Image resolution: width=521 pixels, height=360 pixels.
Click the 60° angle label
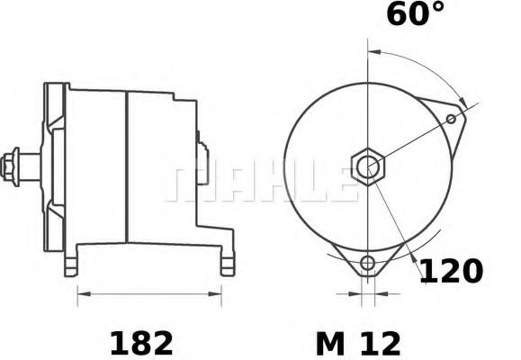pyautogui.click(x=416, y=16)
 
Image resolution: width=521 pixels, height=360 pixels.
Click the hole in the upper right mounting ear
pyautogui.click(x=451, y=117)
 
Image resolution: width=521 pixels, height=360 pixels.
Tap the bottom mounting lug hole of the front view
pyautogui.click(x=366, y=264)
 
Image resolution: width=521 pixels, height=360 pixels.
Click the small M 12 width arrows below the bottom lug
pyautogui.click(x=366, y=293)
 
